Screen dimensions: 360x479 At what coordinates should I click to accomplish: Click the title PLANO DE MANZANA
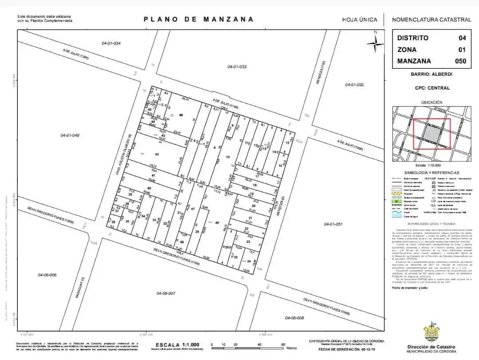(199, 20)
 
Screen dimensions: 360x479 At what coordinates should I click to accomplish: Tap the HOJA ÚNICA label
(360, 20)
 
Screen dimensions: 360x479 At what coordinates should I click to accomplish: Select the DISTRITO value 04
(462, 38)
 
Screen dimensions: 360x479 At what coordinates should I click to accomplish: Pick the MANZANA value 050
(461, 61)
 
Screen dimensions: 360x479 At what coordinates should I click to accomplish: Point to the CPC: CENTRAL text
(432, 88)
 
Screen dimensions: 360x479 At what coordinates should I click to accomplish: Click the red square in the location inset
(432, 134)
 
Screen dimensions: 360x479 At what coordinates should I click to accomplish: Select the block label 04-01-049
(70, 135)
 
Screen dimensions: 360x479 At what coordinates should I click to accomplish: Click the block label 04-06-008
(294, 318)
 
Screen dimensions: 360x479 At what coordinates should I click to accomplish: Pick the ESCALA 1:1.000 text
(177, 344)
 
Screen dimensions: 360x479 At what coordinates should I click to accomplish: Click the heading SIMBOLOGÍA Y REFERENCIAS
(432, 173)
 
